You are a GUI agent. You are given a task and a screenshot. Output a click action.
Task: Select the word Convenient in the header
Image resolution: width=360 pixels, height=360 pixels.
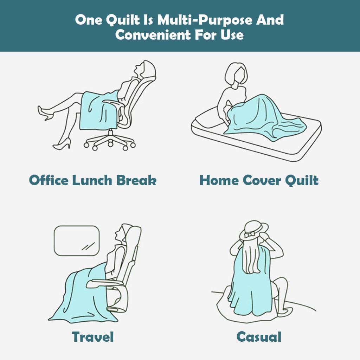pyautogui.click(x=153, y=35)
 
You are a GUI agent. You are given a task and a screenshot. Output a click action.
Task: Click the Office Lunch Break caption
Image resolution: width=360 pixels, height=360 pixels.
pyautogui.click(x=93, y=180)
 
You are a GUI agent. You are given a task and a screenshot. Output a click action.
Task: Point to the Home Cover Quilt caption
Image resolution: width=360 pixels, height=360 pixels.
pyautogui.click(x=259, y=180)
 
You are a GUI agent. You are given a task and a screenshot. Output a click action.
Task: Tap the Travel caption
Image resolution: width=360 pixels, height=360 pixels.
pyautogui.click(x=93, y=337)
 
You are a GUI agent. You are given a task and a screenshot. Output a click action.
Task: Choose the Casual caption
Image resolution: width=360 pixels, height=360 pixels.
pyautogui.click(x=259, y=337)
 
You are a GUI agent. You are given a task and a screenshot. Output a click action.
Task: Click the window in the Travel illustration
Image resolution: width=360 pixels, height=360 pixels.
pyautogui.click(x=77, y=240)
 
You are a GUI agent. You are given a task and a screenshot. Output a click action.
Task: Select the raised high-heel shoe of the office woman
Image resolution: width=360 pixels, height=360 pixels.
pyautogui.click(x=45, y=113)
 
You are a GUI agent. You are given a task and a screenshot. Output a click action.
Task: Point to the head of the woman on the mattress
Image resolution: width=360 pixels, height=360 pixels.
pyautogui.click(x=237, y=75)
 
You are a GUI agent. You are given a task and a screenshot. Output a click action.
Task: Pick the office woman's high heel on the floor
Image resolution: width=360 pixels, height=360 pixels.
pyautogui.click(x=62, y=143)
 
